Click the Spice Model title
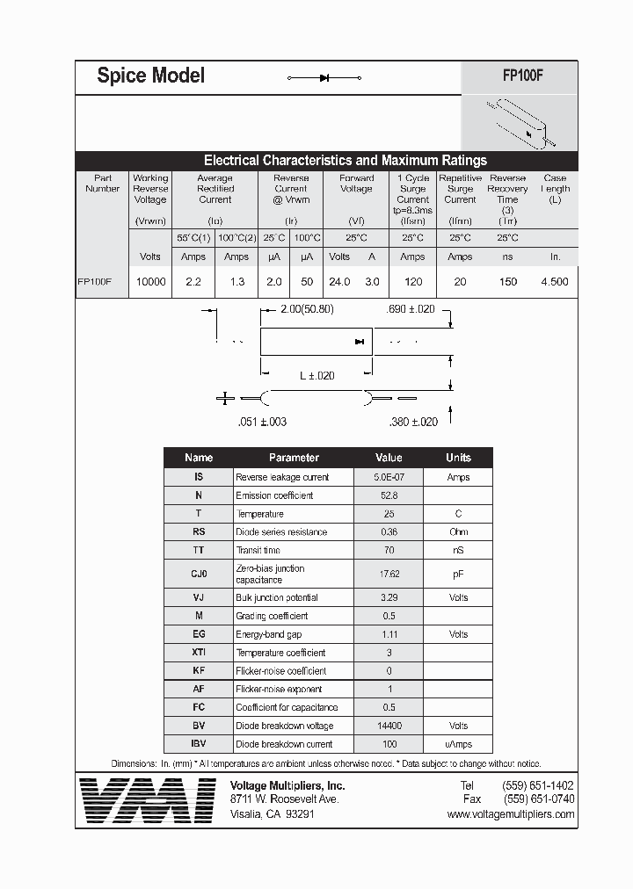point(150,76)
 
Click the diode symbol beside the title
point(324,78)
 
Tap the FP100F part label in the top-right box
point(522,76)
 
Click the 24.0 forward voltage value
point(339,282)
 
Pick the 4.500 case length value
point(555,282)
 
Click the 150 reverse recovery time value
point(507,282)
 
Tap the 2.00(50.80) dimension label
point(307,310)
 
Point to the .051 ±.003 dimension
point(262,422)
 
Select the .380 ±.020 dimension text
point(412,422)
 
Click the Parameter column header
point(294,458)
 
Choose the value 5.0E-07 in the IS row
point(388,477)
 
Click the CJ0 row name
point(199,574)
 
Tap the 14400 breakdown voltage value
point(388,726)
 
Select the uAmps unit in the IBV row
point(457,744)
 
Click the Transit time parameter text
point(258,550)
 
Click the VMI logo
point(147,799)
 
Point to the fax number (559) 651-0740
point(538,799)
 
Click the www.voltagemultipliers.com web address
point(510,814)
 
